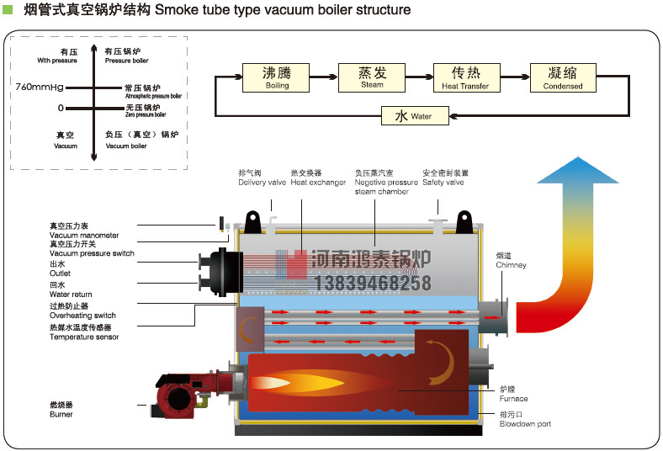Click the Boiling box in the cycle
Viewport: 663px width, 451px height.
pyautogui.click(x=277, y=77)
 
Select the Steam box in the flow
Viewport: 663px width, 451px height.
pyautogui.click(x=372, y=77)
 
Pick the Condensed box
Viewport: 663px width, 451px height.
pyautogui.click(x=562, y=77)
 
